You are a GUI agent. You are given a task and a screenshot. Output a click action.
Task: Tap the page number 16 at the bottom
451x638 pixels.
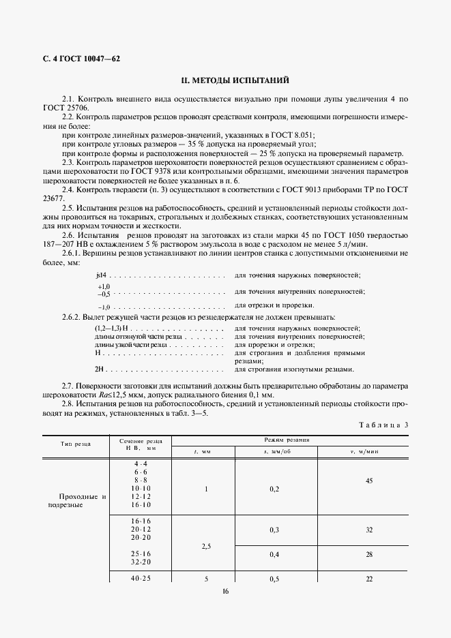pos(225,590)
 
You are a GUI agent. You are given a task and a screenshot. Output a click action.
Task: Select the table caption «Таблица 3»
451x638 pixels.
pos(383,425)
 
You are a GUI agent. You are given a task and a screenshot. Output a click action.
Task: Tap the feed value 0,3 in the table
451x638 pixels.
pos(274,529)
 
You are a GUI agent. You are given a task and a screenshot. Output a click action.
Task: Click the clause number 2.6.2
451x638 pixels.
pos(72,318)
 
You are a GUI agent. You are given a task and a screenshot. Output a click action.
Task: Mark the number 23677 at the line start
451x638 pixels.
pos(53,198)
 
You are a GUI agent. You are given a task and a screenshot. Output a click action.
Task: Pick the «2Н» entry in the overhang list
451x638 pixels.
pos(100,369)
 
